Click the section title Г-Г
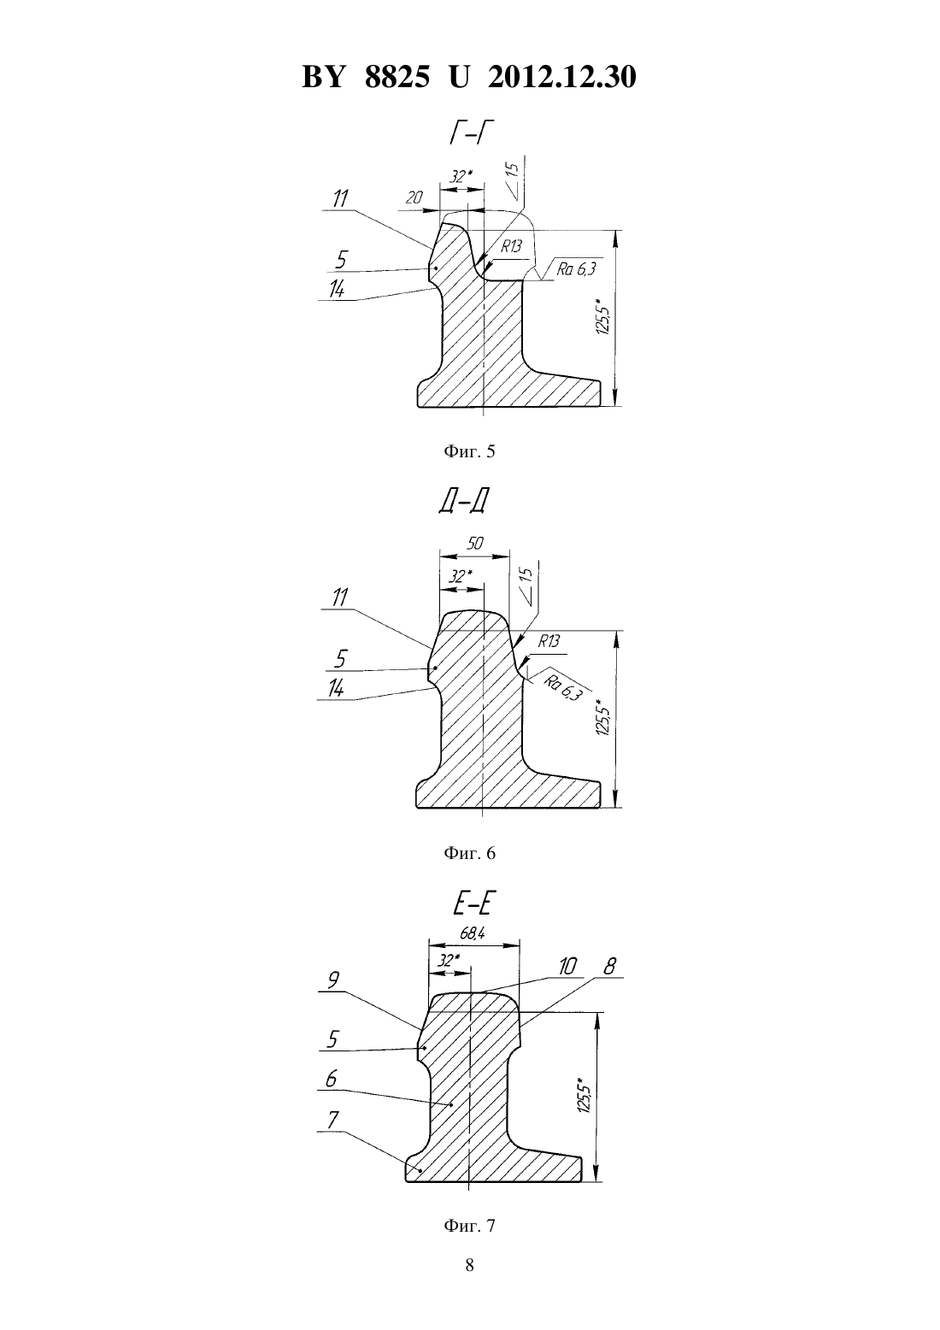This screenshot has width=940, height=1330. click(x=472, y=134)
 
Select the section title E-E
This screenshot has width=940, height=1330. click(x=469, y=903)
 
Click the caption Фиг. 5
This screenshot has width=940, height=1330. click(x=469, y=452)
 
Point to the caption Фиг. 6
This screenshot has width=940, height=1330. click(x=469, y=853)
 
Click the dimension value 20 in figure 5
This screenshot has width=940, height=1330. click(x=414, y=197)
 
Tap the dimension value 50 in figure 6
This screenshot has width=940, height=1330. click(x=475, y=543)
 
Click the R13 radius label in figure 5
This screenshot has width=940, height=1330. click(x=511, y=246)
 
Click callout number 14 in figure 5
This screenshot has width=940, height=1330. click(x=337, y=289)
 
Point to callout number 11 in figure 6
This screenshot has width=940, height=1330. click(x=339, y=597)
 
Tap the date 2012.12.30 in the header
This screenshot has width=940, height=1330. click(x=562, y=77)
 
